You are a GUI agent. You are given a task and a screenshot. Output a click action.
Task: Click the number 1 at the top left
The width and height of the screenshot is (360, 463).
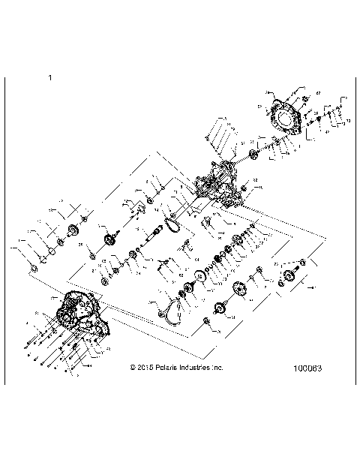point(49,77)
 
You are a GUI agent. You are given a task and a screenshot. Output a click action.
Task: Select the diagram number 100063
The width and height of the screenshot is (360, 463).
point(309,368)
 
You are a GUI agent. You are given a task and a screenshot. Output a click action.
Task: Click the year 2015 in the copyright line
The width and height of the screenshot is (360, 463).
point(145,368)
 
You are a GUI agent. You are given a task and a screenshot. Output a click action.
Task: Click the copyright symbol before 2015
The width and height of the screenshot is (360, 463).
point(133,368)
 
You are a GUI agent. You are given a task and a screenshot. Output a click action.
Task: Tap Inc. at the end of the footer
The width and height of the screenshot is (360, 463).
point(217,368)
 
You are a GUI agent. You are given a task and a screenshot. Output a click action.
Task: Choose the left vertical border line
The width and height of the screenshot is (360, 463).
point(5,225)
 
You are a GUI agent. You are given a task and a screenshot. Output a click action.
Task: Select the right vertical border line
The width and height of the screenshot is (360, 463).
point(352,225)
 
